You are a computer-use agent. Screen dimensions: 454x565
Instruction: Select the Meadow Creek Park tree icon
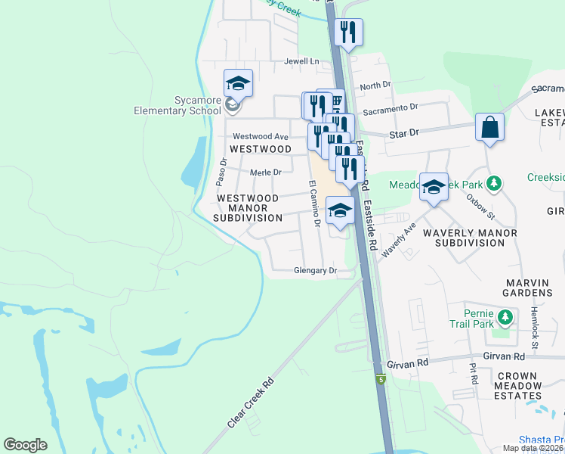click(x=494, y=183)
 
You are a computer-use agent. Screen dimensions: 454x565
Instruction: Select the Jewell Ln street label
click(x=302, y=61)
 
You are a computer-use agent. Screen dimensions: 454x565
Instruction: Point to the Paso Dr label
click(x=221, y=172)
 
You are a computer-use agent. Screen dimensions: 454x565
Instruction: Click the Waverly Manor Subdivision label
click(x=469, y=238)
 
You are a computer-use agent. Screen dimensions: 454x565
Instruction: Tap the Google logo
click(x=25, y=444)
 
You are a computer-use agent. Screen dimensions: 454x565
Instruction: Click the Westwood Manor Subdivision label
click(x=248, y=207)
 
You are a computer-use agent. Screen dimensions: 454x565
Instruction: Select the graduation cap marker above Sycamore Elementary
click(x=238, y=84)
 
